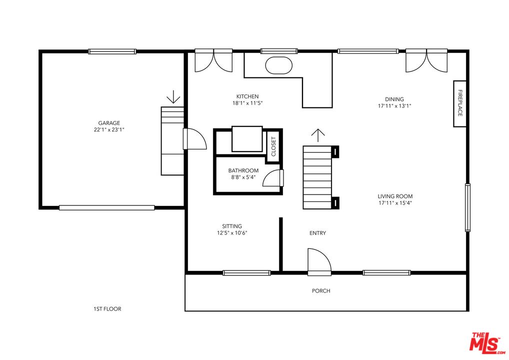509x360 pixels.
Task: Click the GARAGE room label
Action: pyautogui.click(x=109, y=123)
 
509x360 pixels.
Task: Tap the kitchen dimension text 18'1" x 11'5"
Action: pyautogui.click(x=247, y=103)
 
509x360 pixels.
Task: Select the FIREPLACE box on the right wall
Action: pyautogui.click(x=459, y=103)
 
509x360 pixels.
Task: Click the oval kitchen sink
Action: pyautogui.click(x=279, y=65)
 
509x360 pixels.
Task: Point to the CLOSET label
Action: pyautogui.click(x=273, y=146)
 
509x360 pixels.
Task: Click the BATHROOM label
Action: pyautogui.click(x=243, y=170)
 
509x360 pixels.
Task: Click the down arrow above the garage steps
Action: pyautogui.click(x=173, y=96)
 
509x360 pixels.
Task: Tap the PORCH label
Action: pyautogui.click(x=321, y=291)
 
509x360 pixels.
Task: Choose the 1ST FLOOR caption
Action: pyautogui.click(x=107, y=309)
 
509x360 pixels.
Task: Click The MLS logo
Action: pyautogui.click(x=487, y=342)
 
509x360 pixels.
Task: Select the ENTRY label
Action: pyautogui.click(x=318, y=233)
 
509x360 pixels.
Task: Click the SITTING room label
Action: pyautogui.click(x=232, y=226)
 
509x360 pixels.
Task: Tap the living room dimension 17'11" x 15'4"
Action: pyautogui.click(x=395, y=203)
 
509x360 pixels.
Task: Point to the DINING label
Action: pyautogui.click(x=394, y=99)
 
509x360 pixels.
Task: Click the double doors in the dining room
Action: pyautogui.click(x=426, y=60)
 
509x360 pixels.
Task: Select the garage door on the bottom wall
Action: pyautogui.click(x=107, y=208)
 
